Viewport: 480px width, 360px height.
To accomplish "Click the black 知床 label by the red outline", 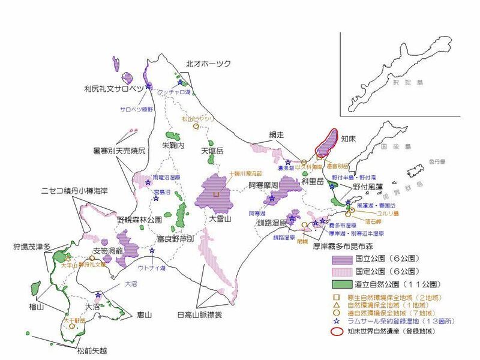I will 349,139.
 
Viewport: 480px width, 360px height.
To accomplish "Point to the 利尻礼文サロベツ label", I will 114,89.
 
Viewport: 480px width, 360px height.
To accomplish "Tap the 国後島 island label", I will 398,146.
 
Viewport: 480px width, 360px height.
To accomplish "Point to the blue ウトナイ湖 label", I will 152,268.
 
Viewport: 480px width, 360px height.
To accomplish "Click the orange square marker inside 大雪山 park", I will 216,194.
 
